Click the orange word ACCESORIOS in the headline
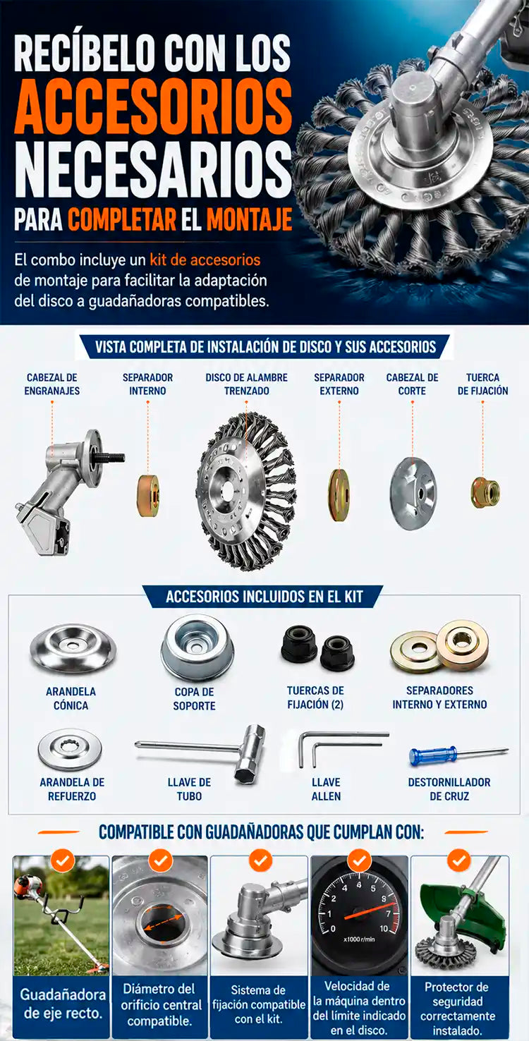(x=153, y=106)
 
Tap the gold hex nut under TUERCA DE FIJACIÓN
(x=485, y=492)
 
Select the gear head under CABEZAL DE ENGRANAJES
(x=70, y=492)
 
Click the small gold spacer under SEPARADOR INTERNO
(x=149, y=495)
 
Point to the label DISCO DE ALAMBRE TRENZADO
(x=246, y=384)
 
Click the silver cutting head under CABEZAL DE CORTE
(x=413, y=493)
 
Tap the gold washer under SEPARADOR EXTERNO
(x=339, y=494)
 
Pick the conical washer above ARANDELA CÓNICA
(x=73, y=649)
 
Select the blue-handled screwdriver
(x=458, y=755)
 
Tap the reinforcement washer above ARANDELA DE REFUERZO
(x=70, y=749)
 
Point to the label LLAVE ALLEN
(x=326, y=789)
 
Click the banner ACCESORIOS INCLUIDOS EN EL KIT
(x=264, y=596)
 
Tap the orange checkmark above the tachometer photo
(x=359, y=860)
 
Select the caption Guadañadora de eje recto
(x=62, y=1004)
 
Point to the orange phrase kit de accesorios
(x=205, y=260)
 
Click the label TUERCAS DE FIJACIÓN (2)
(x=315, y=697)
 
